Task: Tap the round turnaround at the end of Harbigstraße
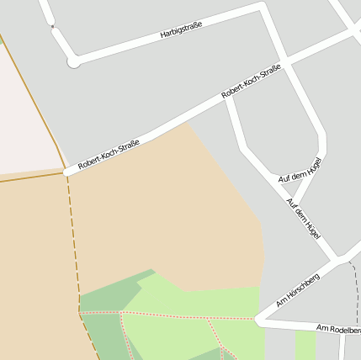pyautogui.click(x=74, y=61)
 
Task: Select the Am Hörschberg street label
pyautogui.click(x=298, y=289)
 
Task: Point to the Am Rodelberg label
pyautogui.click(x=338, y=329)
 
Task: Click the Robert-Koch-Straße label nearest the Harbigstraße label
pyautogui.click(x=251, y=84)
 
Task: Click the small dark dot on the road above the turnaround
pyautogui.click(x=52, y=27)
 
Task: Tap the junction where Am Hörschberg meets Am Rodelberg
pyautogui.click(x=260, y=320)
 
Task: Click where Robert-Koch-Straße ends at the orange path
pyautogui.click(x=66, y=172)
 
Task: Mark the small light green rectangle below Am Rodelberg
pyautogui.click(x=305, y=344)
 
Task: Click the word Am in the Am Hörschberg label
pyautogui.click(x=282, y=301)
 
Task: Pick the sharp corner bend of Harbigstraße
pyautogui.click(x=263, y=8)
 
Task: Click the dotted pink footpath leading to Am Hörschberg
pyautogui.click(x=185, y=316)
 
